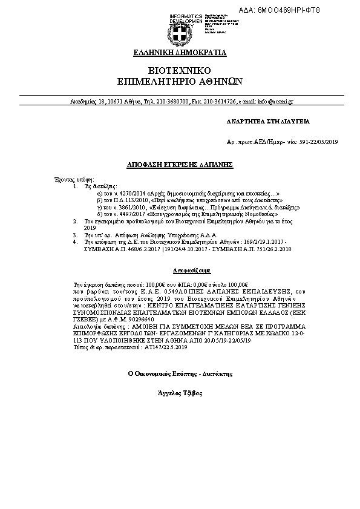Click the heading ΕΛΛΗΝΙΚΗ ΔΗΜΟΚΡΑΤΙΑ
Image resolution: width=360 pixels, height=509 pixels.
click(x=180, y=53)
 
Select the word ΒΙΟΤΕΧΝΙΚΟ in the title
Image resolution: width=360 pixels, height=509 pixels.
click(x=180, y=70)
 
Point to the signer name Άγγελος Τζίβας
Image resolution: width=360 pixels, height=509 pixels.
click(x=180, y=393)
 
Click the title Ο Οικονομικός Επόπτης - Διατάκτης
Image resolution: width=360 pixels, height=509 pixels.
click(x=180, y=375)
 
